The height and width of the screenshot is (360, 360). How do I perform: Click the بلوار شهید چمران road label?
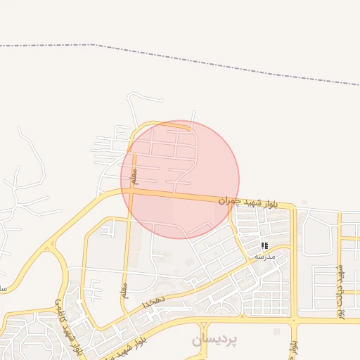[247, 202]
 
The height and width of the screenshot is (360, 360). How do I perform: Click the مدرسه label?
[265, 256]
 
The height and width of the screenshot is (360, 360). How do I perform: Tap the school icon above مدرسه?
[265, 245]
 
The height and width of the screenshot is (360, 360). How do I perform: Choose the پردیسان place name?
[214, 340]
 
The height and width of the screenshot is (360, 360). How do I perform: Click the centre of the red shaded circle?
[180, 179]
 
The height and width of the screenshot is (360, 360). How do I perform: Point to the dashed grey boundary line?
[211, 60]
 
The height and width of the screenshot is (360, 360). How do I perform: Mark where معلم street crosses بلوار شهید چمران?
[130, 192]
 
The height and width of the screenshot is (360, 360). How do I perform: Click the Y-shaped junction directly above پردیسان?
[204, 324]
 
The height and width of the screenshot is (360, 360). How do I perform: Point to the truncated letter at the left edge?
[3, 288]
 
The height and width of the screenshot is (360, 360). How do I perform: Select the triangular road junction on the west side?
[50, 247]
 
